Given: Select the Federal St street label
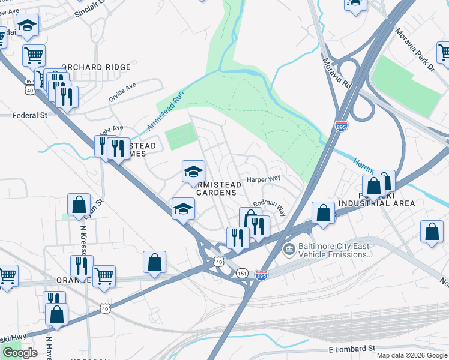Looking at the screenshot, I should pos(30,115).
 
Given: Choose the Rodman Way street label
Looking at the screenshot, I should pos(268,206).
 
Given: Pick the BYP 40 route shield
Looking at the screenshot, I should pos(29,86).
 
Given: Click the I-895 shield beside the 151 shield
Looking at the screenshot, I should pos(261,274).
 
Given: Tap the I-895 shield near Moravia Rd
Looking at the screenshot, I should pos(340,126).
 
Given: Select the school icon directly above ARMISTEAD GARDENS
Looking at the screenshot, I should pos(193,172).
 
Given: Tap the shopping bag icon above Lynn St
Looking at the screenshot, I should pos(79,205).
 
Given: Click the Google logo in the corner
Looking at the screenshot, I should pos(20,353).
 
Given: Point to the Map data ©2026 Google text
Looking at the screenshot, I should pos(411,355).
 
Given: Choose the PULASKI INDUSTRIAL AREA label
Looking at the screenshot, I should pos(376,199).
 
